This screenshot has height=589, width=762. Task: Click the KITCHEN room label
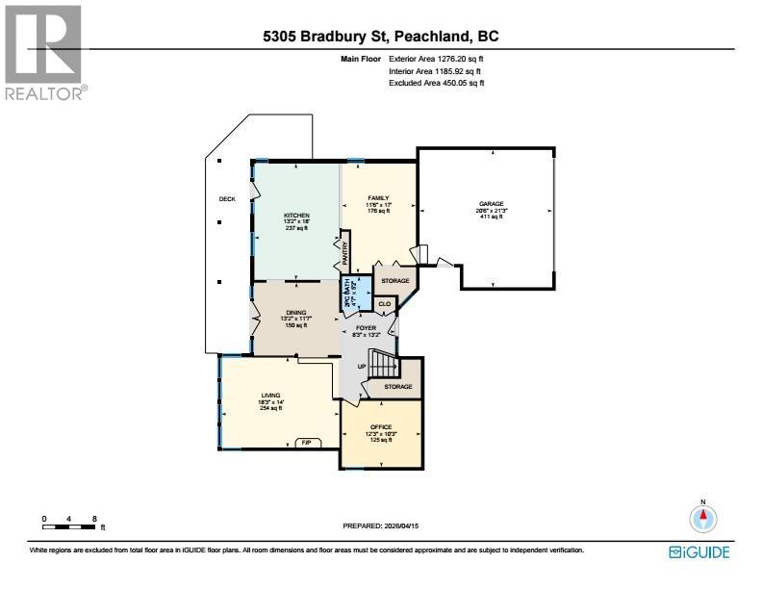295,215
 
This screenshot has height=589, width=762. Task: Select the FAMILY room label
377,197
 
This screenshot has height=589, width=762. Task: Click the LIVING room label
270,395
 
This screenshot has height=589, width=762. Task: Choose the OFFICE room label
381,426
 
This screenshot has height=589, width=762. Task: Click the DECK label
227,199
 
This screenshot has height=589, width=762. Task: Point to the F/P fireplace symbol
307,443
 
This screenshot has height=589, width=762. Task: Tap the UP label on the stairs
361,367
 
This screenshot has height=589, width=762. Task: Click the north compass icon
703,518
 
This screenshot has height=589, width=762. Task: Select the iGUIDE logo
698,551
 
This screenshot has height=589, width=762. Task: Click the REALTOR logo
44,52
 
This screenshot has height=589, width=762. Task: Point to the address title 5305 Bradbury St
381,38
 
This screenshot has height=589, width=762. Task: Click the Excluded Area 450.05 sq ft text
436,84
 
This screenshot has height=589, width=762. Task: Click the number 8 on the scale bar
94,519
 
